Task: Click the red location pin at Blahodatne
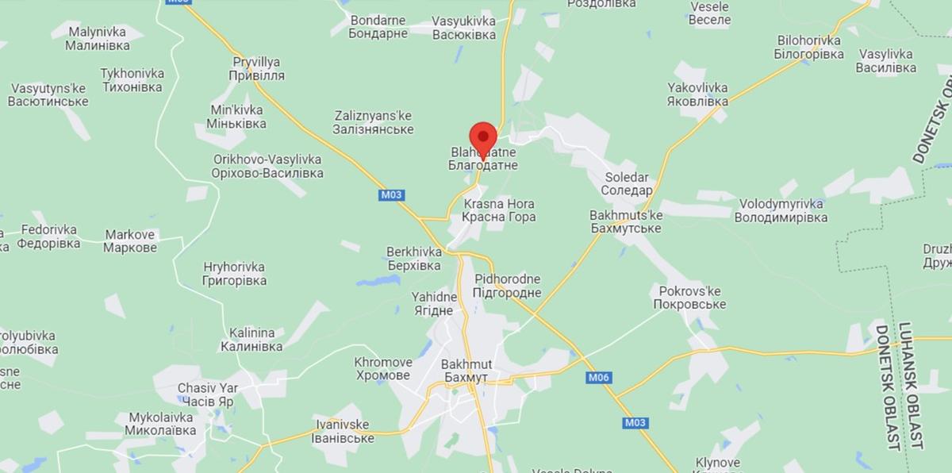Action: tap(483, 135)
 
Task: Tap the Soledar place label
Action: tap(627, 183)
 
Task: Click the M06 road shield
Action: tap(598, 378)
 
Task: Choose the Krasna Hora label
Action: tap(499, 210)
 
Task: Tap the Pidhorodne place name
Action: tap(507, 286)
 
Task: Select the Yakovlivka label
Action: tap(697, 95)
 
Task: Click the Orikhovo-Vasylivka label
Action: tap(267, 166)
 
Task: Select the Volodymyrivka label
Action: tap(779, 210)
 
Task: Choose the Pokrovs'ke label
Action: tap(689, 298)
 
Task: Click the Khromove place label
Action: tap(382, 368)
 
